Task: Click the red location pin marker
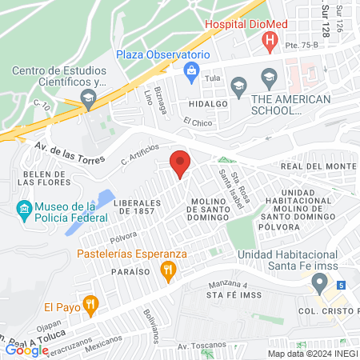click(x=180, y=163)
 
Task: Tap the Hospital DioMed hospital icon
click(x=271, y=40)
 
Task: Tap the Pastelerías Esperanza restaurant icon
click(x=167, y=271)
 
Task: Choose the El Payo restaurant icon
click(x=90, y=305)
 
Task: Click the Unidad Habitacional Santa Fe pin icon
click(x=319, y=282)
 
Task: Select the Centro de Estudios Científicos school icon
click(x=88, y=100)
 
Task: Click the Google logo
click(x=26, y=350)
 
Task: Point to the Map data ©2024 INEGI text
click(x=311, y=353)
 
